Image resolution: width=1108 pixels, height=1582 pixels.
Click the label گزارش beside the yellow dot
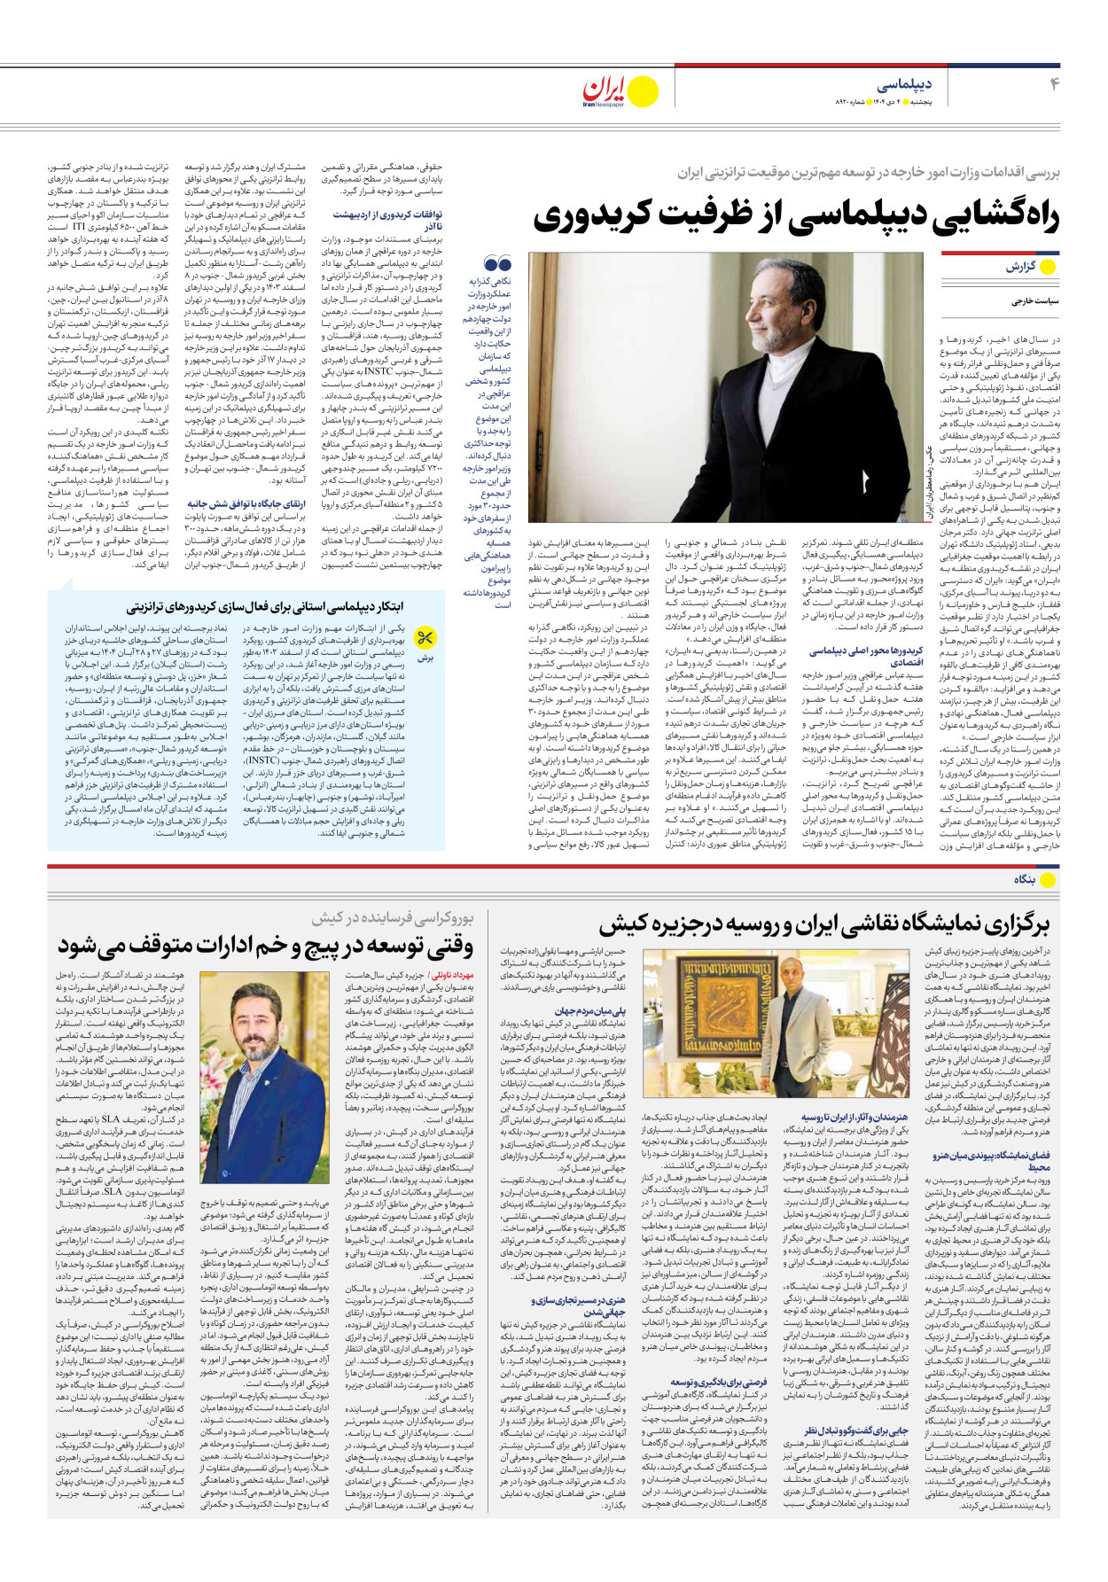1019,267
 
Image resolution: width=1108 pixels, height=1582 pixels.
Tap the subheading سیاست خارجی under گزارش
1034,301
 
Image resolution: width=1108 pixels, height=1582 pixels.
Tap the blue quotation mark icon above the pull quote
498,263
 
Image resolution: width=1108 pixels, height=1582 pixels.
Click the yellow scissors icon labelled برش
425,637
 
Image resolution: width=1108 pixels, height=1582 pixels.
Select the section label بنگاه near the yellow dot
1025,879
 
